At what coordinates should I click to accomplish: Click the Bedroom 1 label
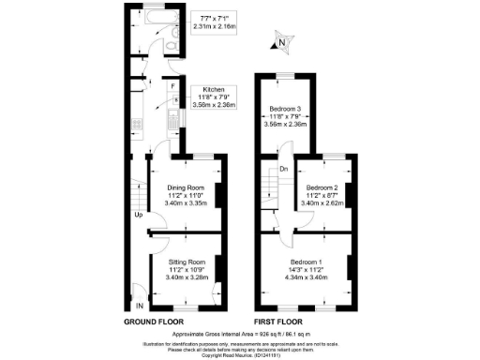point(307,261)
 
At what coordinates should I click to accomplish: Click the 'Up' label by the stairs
point(138,215)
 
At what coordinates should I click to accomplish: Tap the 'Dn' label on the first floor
point(283,169)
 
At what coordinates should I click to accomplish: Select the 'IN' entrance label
point(140,306)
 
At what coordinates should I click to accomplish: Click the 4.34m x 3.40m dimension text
point(307,277)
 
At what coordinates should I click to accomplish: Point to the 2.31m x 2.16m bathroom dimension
point(217,26)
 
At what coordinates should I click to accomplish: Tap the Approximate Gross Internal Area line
point(241,333)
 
